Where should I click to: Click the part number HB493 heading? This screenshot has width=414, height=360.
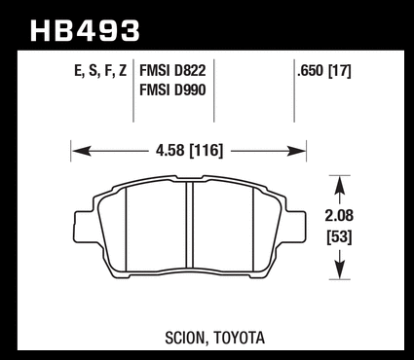point(85,31)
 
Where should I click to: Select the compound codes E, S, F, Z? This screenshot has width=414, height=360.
point(100,71)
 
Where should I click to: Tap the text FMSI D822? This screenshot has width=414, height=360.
point(172,70)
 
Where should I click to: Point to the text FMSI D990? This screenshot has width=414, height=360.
point(172,90)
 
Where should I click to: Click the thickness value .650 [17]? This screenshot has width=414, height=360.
point(324,71)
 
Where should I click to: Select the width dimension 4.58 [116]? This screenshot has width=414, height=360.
point(190,151)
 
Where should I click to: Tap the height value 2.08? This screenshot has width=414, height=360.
point(339,216)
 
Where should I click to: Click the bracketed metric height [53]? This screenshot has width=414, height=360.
point(339,237)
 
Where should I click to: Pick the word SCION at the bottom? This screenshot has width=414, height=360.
point(185,338)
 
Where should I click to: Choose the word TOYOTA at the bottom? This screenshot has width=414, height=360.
point(240,338)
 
